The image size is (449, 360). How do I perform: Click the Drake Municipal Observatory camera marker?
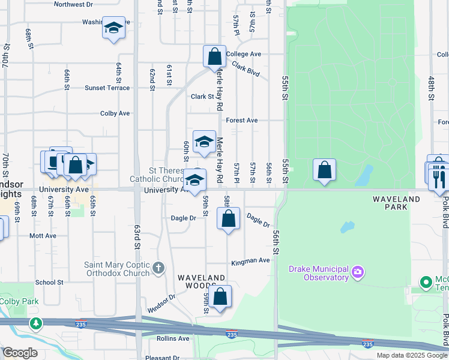pos(358,273)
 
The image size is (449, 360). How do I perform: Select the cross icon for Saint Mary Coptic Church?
pos(158,268)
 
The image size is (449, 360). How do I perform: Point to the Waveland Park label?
pos(397,203)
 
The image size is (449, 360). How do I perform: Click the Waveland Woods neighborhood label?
pos(202,282)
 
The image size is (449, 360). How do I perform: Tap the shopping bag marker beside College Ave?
pos(214,57)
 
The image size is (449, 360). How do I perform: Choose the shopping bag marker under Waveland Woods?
pos(221,296)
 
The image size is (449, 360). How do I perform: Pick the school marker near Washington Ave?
pos(113,28)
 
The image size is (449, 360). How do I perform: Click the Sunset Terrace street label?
pos(107,88)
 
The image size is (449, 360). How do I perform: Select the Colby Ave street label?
pos(115,113)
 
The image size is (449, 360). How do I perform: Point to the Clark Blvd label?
pos(246,70)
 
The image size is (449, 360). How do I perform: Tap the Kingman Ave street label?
pos(251,262)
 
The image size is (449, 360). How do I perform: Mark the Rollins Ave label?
pos(173,339)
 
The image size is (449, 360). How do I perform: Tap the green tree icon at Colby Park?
pos(37,323)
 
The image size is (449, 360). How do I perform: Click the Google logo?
pos(20,353)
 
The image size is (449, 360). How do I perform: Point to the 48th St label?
pos(431,87)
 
